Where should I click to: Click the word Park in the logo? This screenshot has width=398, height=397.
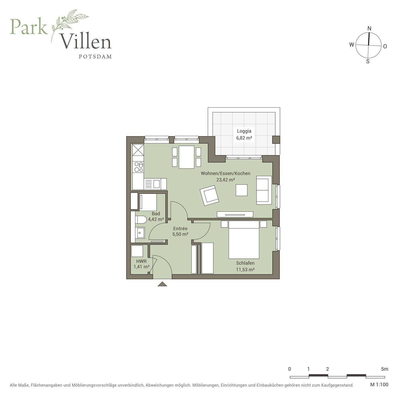click(29, 27)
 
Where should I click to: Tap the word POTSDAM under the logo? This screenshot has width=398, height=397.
click(95, 57)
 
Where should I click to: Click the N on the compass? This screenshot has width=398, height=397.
click(370, 28)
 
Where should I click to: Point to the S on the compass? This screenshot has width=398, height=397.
click(368, 61)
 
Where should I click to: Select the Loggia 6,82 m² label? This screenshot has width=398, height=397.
click(244, 134)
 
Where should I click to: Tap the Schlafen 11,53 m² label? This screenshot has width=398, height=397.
click(245, 266)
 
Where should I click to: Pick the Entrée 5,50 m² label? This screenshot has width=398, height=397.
click(180, 231)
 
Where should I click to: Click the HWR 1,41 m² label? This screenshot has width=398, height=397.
click(142, 264)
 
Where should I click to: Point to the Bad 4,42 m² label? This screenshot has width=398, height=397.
click(156, 216)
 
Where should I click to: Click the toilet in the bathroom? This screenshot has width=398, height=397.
click(141, 219)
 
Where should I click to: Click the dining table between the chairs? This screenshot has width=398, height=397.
click(187, 157)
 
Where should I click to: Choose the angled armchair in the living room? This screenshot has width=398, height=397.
click(210, 195)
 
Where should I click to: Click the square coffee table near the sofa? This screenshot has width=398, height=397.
click(242, 190)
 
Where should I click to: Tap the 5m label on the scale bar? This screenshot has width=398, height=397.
click(384, 369)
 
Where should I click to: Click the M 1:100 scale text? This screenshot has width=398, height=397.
click(379, 384)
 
